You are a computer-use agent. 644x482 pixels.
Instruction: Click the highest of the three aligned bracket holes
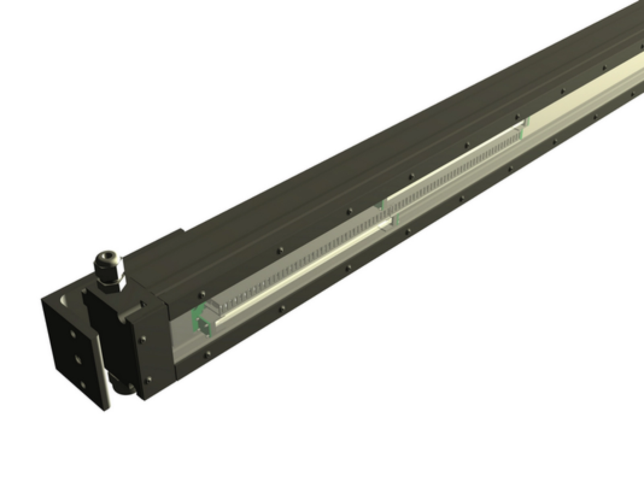[72, 334]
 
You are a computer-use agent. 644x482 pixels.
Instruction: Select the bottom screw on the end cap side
[149, 378]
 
